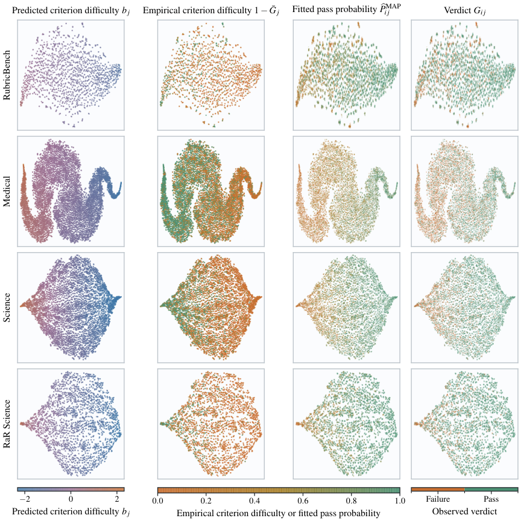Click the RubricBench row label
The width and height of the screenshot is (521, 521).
tap(7, 75)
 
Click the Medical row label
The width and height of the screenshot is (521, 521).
tap(7, 191)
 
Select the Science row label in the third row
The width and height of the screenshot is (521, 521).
tap(7, 308)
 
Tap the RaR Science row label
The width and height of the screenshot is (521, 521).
tap(7, 424)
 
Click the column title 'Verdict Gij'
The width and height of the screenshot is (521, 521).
tap(464, 11)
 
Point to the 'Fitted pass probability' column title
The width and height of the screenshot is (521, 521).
tap(347, 10)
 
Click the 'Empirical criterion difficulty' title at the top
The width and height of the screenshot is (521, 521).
tap(211, 11)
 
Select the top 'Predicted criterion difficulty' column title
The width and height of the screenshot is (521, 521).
tap(71, 11)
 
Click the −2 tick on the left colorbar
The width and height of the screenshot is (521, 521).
tap(25, 499)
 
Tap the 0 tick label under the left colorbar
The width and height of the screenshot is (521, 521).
tap(71, 499)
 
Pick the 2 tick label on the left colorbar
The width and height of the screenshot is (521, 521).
tap(117, 499)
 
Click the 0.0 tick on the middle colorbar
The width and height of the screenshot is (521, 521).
tap(158, 500)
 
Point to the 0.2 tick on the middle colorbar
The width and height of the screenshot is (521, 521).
tap(206, 500)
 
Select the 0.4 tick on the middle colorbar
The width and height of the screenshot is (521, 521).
tap(254, 500)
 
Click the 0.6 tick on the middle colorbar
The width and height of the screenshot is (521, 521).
tap(303, 500)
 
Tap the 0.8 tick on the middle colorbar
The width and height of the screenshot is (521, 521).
tap(352, 500)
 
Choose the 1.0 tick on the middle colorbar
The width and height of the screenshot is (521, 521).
tap(400, 500)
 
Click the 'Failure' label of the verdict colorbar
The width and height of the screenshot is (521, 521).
tap(438, 499)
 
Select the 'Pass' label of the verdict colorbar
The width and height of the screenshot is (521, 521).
tap(491, 499)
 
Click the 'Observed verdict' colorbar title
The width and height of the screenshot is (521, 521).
tap(464, 511)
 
